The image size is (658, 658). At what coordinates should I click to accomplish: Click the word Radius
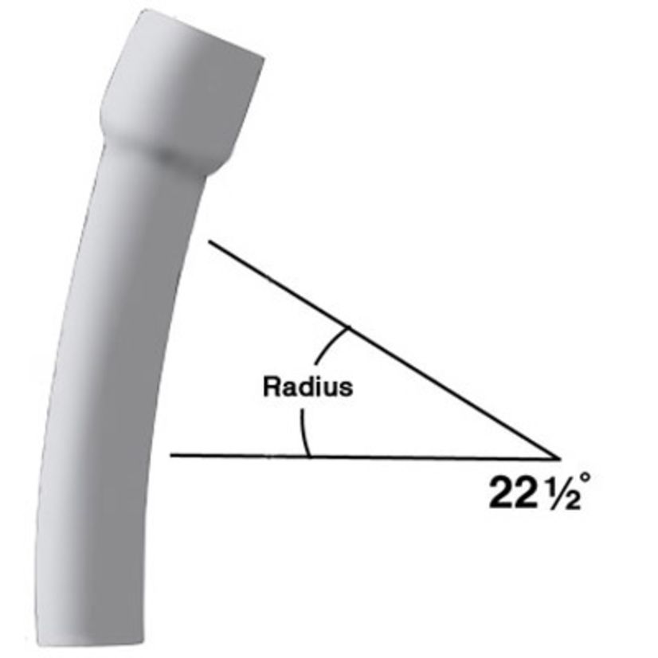coord(307,387)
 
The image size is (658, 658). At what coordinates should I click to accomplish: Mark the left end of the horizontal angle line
coord(172,456)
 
